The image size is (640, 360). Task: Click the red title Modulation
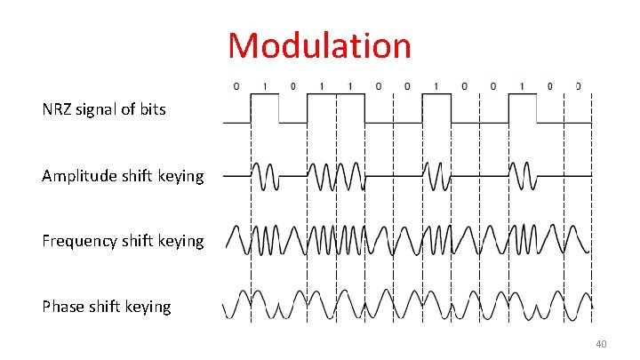(319, 45)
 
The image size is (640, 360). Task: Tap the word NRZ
(59, 110)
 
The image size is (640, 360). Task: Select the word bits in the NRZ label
(150, 110)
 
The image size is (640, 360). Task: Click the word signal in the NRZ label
(100, 110)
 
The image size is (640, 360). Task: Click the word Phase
(62, 307)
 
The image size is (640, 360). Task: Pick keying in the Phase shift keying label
(148, 307)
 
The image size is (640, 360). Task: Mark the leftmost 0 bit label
(236, 86)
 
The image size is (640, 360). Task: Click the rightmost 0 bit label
(579, 86)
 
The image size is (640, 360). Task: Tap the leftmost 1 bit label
(265, 86)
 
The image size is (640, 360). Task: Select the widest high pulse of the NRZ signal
(335, 108)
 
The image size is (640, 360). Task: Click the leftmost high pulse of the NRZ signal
(265, 108)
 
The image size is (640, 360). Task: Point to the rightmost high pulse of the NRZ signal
(522, 108)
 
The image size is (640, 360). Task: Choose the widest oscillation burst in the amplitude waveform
(335, 176)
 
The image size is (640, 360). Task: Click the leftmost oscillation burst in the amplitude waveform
(265, 176)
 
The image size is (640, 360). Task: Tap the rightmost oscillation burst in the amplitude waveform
(522, 176)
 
